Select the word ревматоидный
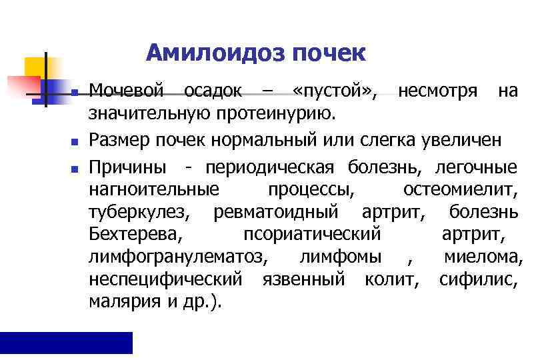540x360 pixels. click(280, 212)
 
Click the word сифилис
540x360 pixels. click(478, 279)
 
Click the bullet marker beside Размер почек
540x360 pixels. click(75, 142)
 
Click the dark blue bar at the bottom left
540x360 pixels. click(66, 342)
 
